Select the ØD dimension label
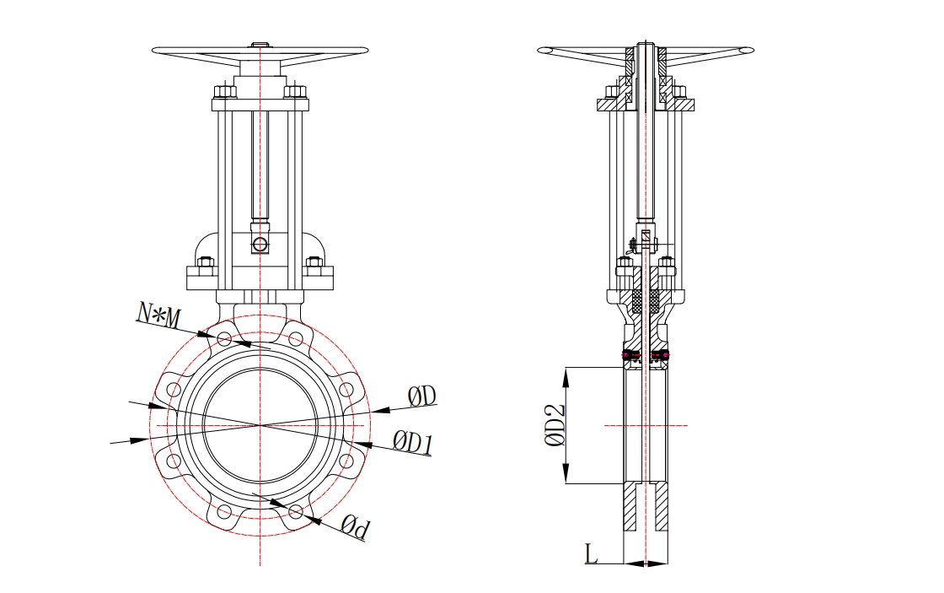pyautogui.click(x=421, y=396)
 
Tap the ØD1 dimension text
pyautogui.click(x=412, y=439)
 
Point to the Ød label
pyautogui.click(x=355, y=528)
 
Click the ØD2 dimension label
pyautogui.click(x=553, y=425)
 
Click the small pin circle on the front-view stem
pyautogui.click(x=260, y=245)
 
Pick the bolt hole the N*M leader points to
pyautogui.click(x=224, y=339)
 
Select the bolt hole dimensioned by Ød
pyautogui.click(x=296, y=510)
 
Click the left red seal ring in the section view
pyautogui.click(x=629, y=354)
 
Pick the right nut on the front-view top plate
pyautogui.click(x=293, y=92)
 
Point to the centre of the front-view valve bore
pyautogui.click(x=260, y=425)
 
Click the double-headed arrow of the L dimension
pyautogui.click(x=646, y=563)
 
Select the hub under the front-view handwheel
pyautogui.click(x=260, y=67)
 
